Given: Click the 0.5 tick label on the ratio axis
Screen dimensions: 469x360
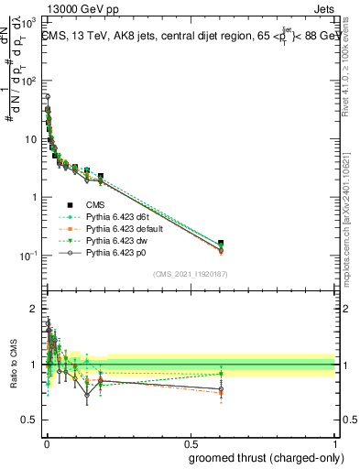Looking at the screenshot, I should (30, 420).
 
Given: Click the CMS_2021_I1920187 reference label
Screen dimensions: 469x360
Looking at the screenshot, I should (190, 275).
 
